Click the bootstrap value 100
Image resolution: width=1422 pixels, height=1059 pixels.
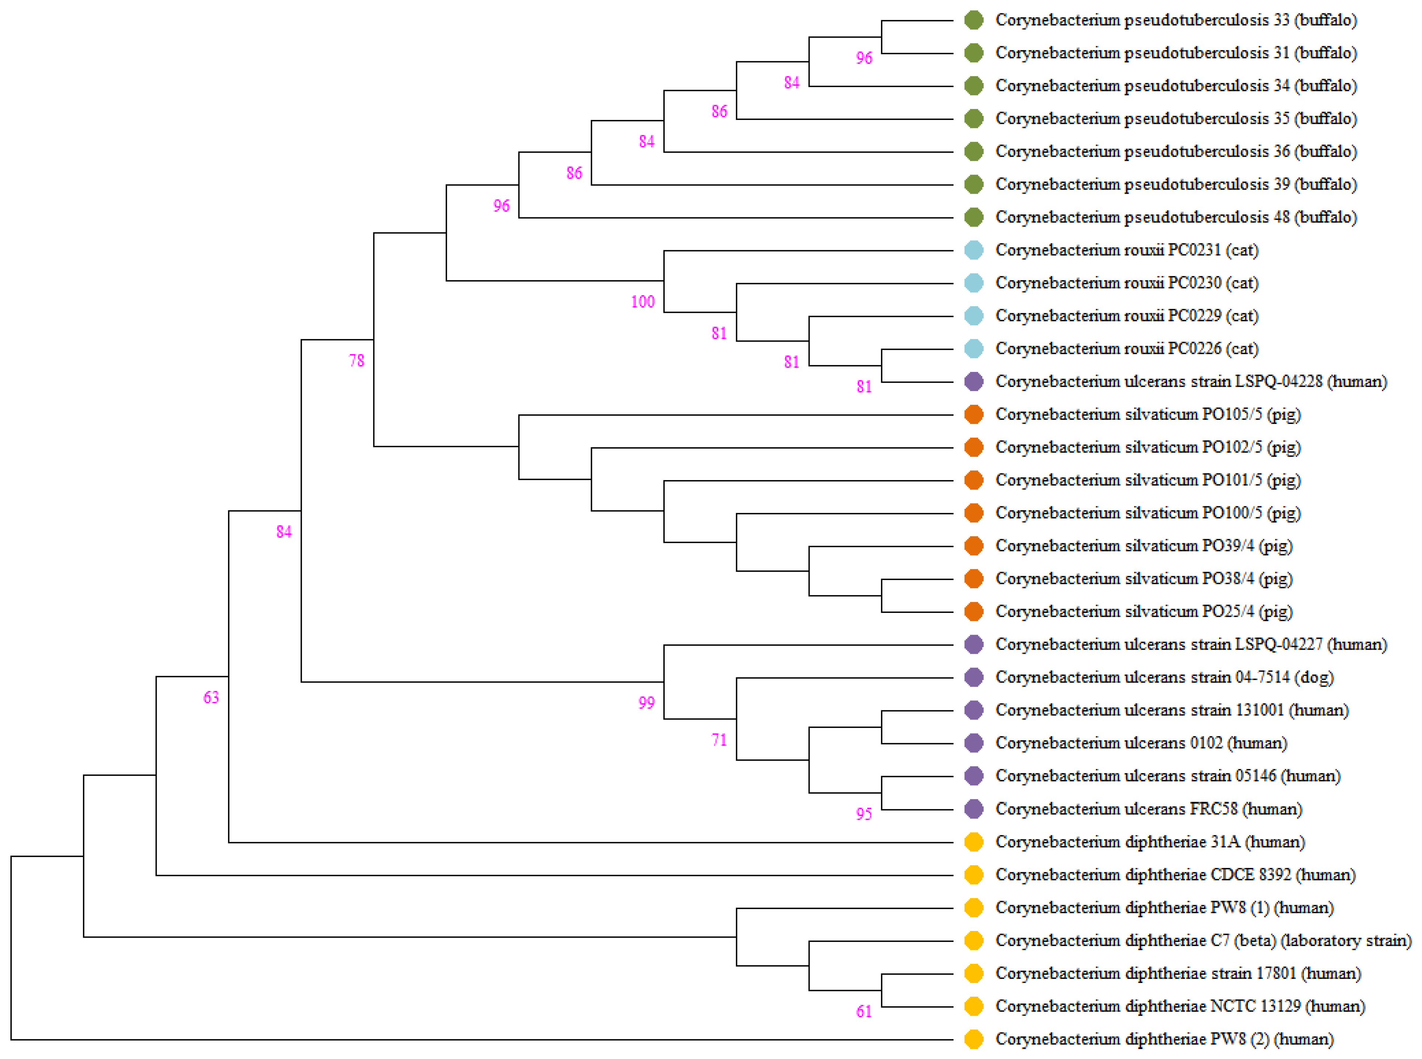tap(642, 301)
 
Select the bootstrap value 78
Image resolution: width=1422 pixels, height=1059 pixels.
tap(356, 360)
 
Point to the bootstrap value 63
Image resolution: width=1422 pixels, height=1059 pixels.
tap(211, 697)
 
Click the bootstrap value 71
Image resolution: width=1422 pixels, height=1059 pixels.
tap(719, 740)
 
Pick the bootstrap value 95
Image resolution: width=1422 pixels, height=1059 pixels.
tap(864, 814)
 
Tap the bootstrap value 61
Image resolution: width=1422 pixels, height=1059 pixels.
tap(864, 1011)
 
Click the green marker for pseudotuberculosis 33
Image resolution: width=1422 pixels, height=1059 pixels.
tap(973, 20)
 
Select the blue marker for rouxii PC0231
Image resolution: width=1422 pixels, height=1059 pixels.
tap(973, 250)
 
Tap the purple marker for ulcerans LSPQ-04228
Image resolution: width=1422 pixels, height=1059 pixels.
tap(973, 382)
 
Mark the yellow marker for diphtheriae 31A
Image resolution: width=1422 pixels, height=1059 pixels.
tap(973, 842)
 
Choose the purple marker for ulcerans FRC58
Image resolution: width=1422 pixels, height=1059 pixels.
tap(973, 809)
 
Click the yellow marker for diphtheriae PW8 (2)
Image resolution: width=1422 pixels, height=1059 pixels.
tap(973, 1039)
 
